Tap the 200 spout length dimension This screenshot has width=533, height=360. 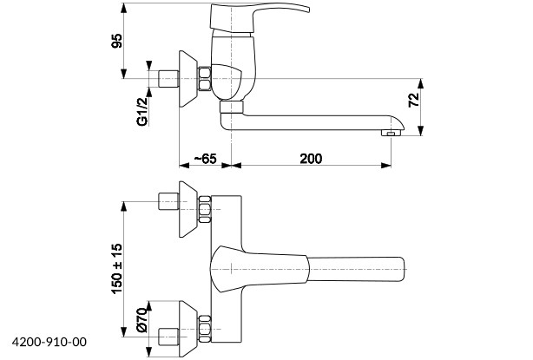click(311, 158)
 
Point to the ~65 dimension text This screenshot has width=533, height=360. click(205, 158)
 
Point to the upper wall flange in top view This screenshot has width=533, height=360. click(188, 211)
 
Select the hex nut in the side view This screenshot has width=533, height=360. click(205, 79)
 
